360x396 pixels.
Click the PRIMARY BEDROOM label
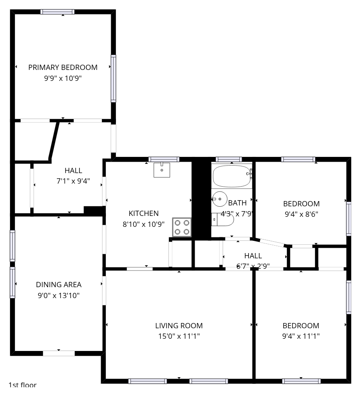tap(63, 67)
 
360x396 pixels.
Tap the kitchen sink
tap(162, 170)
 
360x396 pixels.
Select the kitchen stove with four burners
tap(182, 227)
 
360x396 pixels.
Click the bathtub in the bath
tap(232, 176)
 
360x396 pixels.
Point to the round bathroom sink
tap(220, 199)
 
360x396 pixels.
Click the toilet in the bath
tap(223, 219)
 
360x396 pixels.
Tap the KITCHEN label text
tap(143, 213)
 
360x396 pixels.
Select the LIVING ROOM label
tap(179, 326)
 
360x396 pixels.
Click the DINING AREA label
tap(59, 285)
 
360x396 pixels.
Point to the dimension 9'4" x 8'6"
tap(301, 214)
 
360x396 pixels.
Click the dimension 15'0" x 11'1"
tap(179, 336)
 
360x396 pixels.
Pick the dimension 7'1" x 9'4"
tap(73, 181)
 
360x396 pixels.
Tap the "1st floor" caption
tap(22, 385)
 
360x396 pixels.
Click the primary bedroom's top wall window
tap(57, 12)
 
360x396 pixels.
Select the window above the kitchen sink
tap(164, 160)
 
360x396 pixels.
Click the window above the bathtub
tap(228, 160)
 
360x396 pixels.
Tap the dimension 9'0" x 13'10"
tap(59, 295)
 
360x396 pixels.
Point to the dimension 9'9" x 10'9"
tap(63, 78)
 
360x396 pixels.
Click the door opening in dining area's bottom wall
tap(59, 353)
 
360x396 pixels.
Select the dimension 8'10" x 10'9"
tap(143, 224)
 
